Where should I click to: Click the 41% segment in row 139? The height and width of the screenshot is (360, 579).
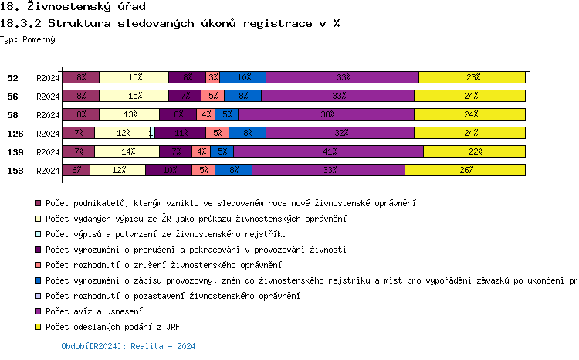(x=328, y=151)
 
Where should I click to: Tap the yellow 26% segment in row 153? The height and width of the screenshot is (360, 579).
(x=465, y=170)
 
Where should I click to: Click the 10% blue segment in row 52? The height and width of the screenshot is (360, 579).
(x=243, y=77)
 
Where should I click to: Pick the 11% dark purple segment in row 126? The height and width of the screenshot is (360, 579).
(x=180, y=133)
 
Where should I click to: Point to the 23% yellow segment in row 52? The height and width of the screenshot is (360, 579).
(x=472, y=77)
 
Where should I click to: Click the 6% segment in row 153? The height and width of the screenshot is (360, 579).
(x=76, y=170)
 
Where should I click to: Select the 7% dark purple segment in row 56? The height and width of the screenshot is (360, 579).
(x=185, y=96)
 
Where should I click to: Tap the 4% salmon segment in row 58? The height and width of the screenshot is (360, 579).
(x=205, y=114)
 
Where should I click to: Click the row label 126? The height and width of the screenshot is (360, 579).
(x=15, y=134)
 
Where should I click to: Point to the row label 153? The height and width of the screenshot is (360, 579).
(x=15, y=171)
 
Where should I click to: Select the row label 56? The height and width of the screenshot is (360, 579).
(x=12, y=97)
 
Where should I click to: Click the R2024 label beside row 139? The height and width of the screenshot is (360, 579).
(x=47, y=152)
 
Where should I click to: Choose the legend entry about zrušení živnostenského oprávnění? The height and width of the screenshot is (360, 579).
(x=163, y=265)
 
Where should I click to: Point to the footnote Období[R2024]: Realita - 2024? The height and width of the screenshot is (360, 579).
(x=128, y=347)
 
